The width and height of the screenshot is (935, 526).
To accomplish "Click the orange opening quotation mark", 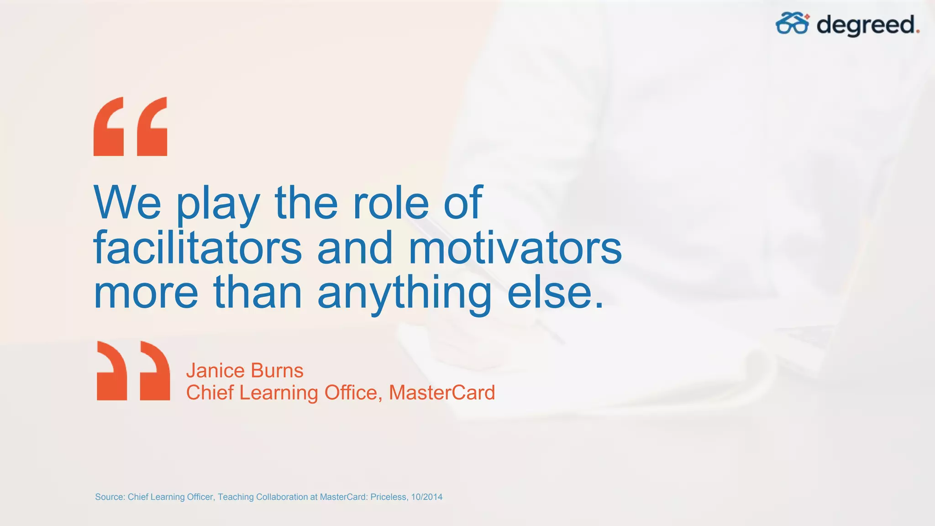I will pos(130,126).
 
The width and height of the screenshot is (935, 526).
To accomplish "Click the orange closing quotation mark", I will pos(133,371).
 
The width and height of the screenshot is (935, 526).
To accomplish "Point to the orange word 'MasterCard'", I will pos(441,393).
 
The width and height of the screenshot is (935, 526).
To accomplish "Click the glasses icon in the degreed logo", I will pos(793,23).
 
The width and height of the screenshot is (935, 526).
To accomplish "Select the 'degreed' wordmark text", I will pos(867,25).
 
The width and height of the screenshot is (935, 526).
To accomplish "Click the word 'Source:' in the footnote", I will pos(110,497).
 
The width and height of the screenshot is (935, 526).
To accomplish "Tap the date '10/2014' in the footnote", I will pos(426,497).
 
